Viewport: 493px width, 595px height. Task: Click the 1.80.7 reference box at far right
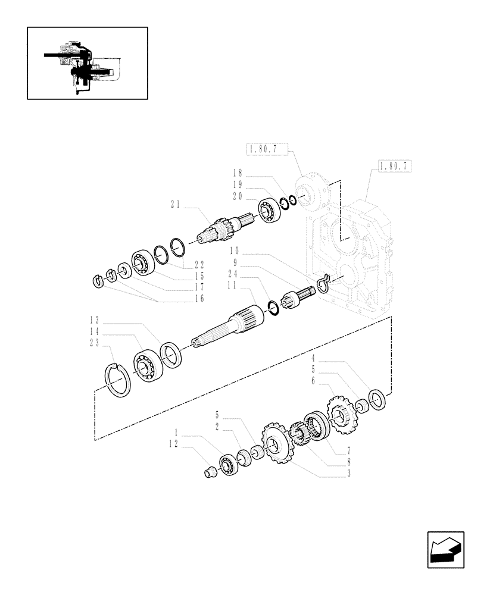(x=394, y=166)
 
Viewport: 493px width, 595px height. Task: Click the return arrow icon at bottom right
(x=445, y=550)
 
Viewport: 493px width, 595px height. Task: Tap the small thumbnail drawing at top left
(x=87, y=62)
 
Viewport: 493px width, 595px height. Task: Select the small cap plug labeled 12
(x=209, y=472)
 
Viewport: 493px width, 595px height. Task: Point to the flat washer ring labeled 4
(x=377, y=399)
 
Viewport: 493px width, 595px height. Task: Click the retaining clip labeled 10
(x=323, y=284)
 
